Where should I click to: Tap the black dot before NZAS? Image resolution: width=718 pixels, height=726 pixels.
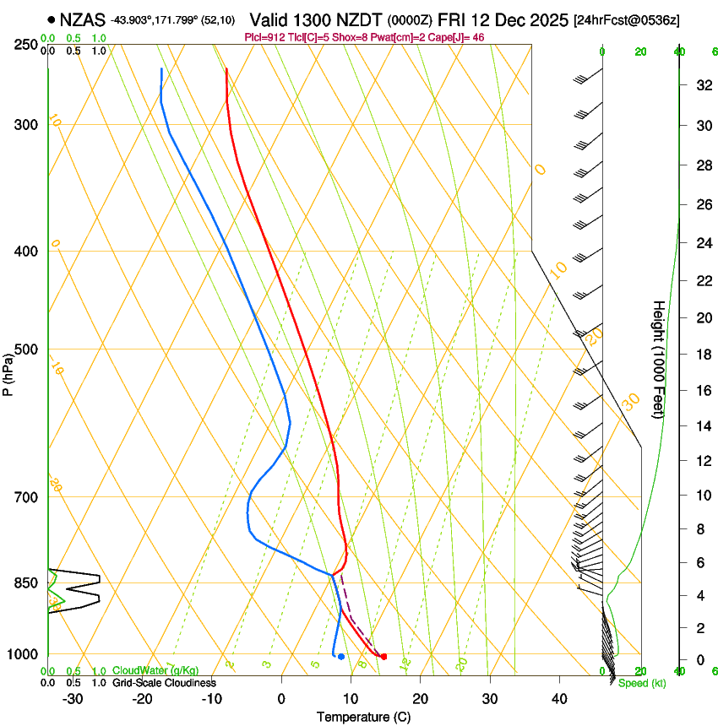tap(52, 19)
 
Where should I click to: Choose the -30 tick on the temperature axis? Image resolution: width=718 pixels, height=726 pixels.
tap(73, 699)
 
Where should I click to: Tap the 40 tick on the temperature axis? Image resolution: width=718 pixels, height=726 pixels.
tap(558, 699)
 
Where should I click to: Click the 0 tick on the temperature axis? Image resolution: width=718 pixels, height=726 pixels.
tap(281, 699)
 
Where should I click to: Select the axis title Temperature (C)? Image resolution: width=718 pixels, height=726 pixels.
tap(363, 717)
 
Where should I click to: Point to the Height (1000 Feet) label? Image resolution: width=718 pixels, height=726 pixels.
tap(660, 359)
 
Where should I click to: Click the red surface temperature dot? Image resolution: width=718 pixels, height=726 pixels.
tap(383, 656)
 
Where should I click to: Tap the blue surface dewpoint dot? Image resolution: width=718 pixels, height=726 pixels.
tap(340, 656)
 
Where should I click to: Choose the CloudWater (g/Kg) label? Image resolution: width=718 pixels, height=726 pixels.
tap(150, 670)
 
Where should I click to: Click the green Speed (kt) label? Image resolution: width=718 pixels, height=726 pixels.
tap(642, 683)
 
